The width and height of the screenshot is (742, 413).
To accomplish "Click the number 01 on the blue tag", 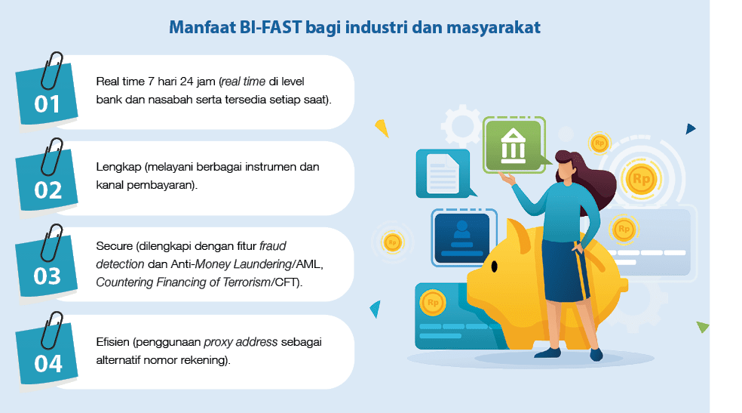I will (48, 103).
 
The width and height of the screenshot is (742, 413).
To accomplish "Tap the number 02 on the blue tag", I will (48, 190).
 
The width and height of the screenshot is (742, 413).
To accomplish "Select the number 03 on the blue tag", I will (48, 276).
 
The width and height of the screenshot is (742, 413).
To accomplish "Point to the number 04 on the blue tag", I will (48, 363).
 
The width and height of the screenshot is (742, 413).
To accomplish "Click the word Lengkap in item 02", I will (117, 167).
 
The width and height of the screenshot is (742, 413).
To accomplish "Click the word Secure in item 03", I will (114, 246).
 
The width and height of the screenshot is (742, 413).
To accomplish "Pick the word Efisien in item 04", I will (114, 341).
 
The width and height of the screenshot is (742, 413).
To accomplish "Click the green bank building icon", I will (514, 144).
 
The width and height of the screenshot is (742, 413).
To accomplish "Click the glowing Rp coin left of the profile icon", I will (391, 242).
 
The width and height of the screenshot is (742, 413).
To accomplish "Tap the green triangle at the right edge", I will (702, 326).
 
